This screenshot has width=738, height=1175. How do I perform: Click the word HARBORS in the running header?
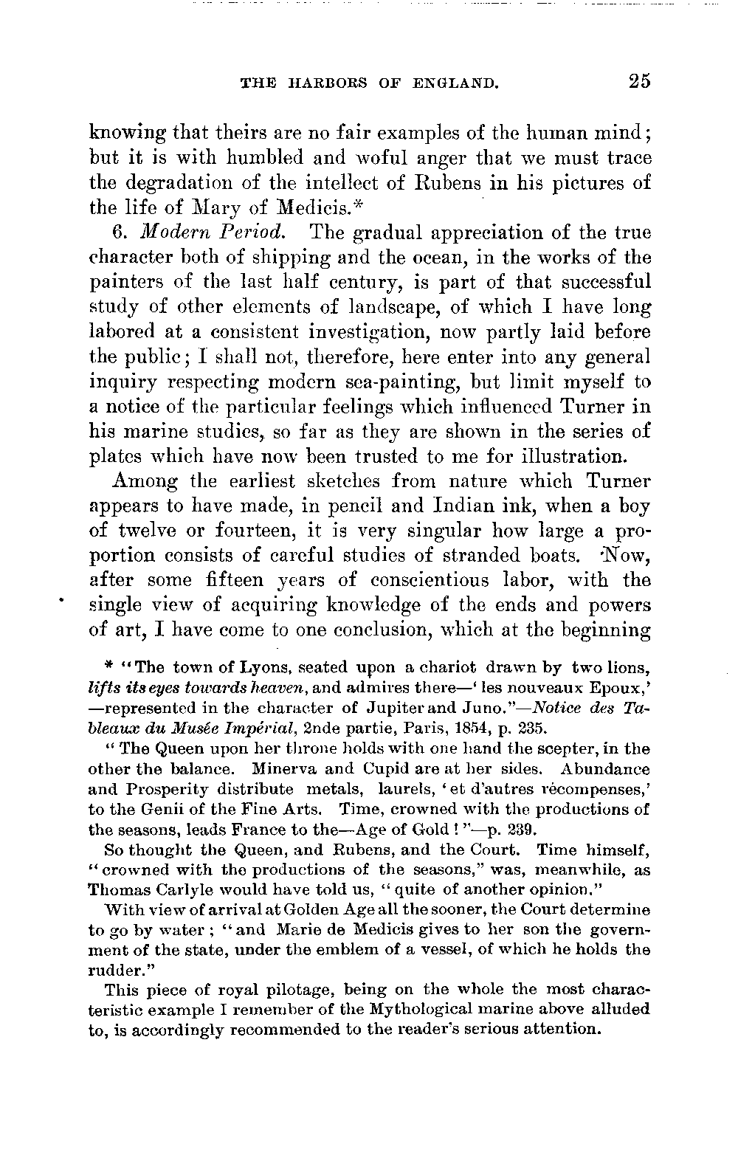point(321,84)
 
